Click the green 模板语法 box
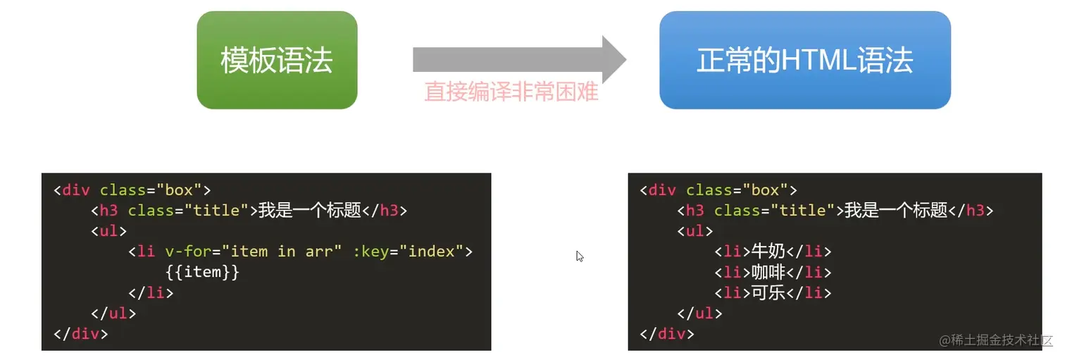277,60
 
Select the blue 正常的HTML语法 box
804,60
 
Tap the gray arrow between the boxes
518,59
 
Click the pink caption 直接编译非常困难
511,92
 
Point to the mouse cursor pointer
579,256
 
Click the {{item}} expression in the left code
203,272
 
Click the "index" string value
432,252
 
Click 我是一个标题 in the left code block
309,211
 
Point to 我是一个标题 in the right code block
895,211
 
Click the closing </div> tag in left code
81,333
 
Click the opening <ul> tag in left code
109,231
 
